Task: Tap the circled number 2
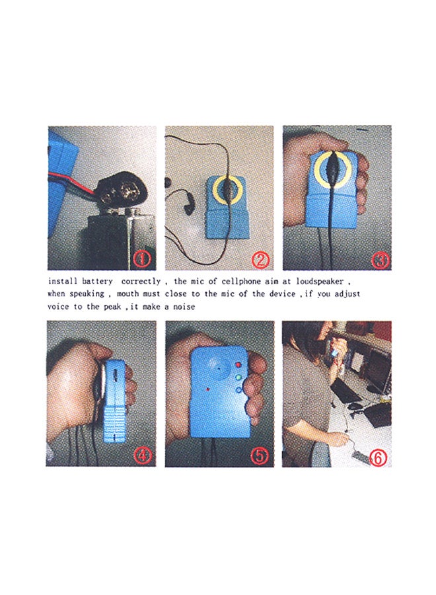click(x=260, y=260)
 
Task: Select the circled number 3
click(x=380, y=260)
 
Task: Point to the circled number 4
click(x=142, y=455)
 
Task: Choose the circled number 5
click(x=260, y=456)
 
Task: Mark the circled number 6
click(x=378, y=458)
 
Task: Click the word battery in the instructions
click(x=97, y=282)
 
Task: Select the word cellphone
click(x=242, y=282)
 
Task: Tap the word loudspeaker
click(x=320, y=282)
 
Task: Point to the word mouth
click(x=127, y=294)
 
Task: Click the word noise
click(x=184, y=307)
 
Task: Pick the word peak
click(x=112, y=307)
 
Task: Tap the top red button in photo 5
click(x=238, y=365)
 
